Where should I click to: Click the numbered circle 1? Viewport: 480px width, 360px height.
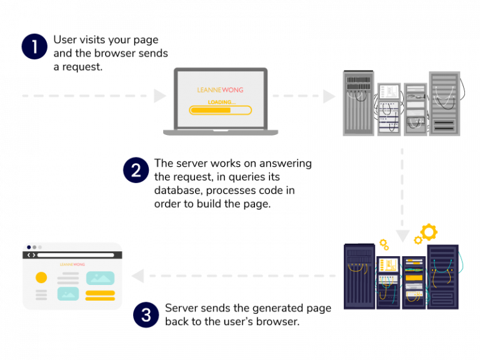pyautogui.click(x=34, y=46)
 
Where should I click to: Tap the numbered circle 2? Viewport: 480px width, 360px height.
pyautogui.click(x=136, y=169)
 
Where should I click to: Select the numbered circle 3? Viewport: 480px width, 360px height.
pyautogui.click(x=146, y=315)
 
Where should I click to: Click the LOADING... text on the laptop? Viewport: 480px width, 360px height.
pyautogui.click(x=221, y=102)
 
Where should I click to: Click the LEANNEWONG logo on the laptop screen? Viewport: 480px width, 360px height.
pyautogui.click(x=220, y=90)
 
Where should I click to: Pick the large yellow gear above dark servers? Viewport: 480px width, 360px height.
pyautogui.click(x=429, y=232)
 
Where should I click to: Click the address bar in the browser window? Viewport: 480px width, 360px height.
pyautogui.click(x=75, y=255)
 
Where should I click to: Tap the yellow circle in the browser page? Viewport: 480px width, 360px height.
pyautogui.click(x=41, y=277)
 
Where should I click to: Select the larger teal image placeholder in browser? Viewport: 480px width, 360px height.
pyautogui.click(x=100, y=278)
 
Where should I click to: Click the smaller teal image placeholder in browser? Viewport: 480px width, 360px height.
pyautogui.click(x=68, y=294)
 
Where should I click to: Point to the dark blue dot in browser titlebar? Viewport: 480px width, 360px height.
pyautogui.click(x=29, y=247)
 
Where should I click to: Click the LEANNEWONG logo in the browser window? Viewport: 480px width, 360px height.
pyautogui.click(x=72, y=264)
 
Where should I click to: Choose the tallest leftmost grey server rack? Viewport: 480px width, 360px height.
pyautogui.click(x=358, y=104)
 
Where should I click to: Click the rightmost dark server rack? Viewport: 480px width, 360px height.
pyautogui.click(x=443, y=276)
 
